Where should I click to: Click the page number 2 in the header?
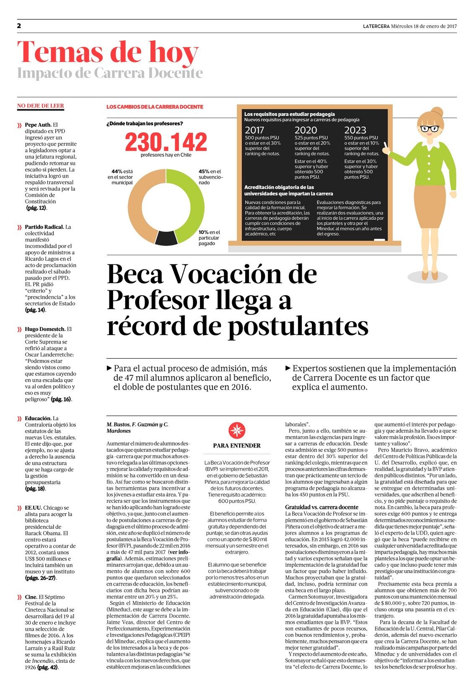coord(19,26)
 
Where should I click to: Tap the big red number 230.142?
coord(166,142)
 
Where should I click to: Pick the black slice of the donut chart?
coord(166,238)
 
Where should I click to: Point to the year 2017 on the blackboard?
coord(254,130)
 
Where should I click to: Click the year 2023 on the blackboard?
coord(355,130)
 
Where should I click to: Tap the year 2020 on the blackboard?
coord(306,130)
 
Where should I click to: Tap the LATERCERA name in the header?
coord(376,26)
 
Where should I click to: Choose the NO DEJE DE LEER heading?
coord(41,106)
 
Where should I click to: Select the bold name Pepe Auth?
coord(38,125)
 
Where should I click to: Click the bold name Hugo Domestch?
coord(45,329)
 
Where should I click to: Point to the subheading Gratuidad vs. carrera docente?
coord(321,507)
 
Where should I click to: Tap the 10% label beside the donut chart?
coord(203,233)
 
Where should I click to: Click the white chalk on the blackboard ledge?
coord(379,240)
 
